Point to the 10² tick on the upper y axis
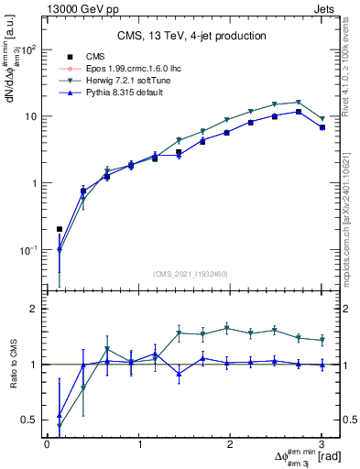(29, 49)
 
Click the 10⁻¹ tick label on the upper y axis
(29, 249)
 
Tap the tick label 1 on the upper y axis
(35, 183)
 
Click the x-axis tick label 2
(231, 444)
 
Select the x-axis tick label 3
(322, 444)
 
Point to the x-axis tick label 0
(47, 444)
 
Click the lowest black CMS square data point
(60, 229)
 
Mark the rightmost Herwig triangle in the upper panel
(322, 119)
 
